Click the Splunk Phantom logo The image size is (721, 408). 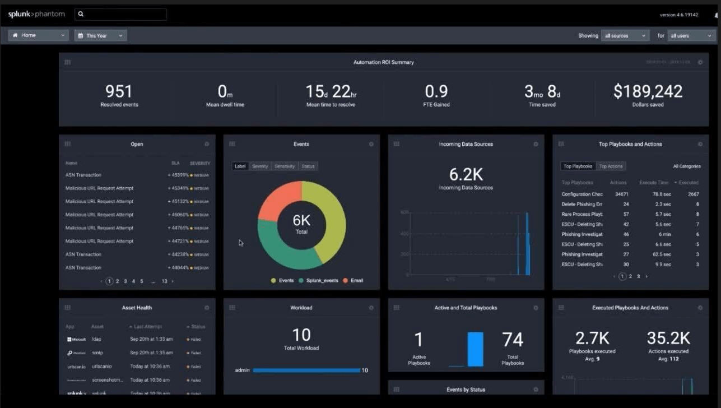click(x=36, y=14)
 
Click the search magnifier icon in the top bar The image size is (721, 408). click(x=81, y=14)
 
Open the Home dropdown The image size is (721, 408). click(x=38, y=35)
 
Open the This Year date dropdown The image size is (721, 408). click(x=100, y=35)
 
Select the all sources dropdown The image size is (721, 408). click(x=624, y=35)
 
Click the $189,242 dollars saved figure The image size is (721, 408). click(x=648, y=91)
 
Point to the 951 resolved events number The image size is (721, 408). click(x=119, y=91)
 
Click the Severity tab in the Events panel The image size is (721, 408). click(x=260, y=166)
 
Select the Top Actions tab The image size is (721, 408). click(x=610, y=166)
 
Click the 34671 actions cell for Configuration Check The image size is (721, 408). click(x=621, y=194)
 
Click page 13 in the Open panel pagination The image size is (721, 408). click(x=164, y=281)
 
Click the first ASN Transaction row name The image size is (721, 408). click(x=83, y=175)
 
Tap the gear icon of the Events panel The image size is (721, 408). click(x=371, y=144)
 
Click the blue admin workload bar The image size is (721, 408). click(x=306, y=370)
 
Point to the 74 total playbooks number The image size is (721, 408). click(x=512, y=340)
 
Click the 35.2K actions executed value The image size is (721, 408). click(x=668, y=338)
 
